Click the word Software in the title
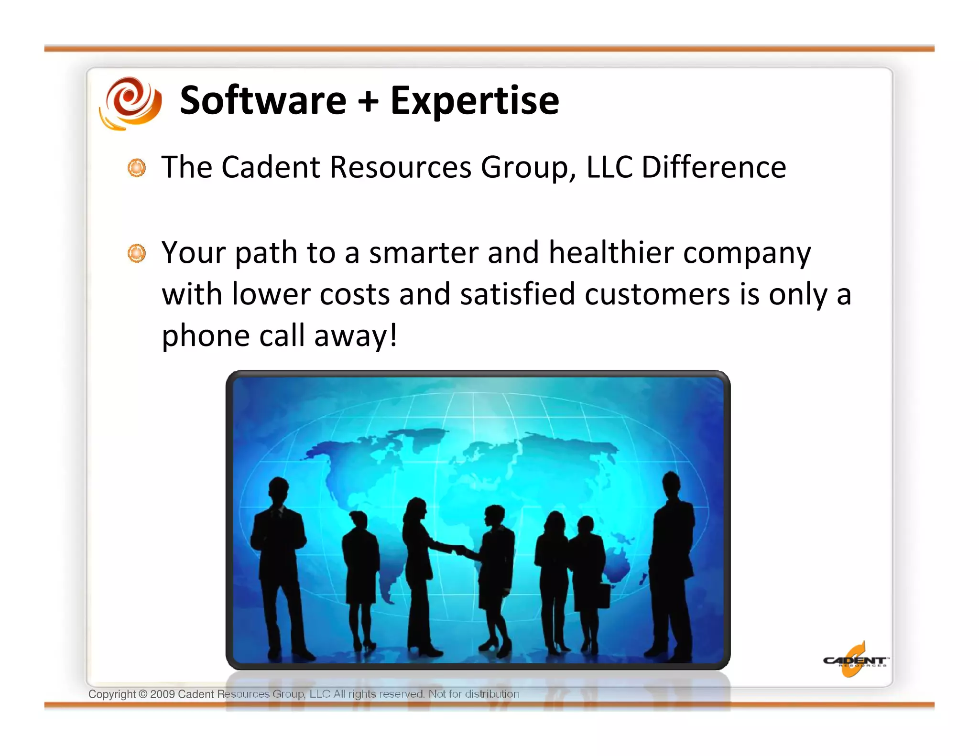[x=263, y=100]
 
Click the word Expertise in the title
[x=474, y=101]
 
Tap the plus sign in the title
[x=368, y=101]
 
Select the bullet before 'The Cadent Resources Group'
[x=137, y=168]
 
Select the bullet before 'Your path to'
[x=137, y=253]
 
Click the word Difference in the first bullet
[x=713, y=167]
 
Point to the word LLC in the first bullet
[x=609, y=167]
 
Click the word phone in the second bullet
[x=206, y=336]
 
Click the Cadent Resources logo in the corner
[x=855, y=660]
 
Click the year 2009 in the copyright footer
[x=162, y=694]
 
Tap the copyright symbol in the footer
[x=143, y=694]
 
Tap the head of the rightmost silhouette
[x=671, y=484]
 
